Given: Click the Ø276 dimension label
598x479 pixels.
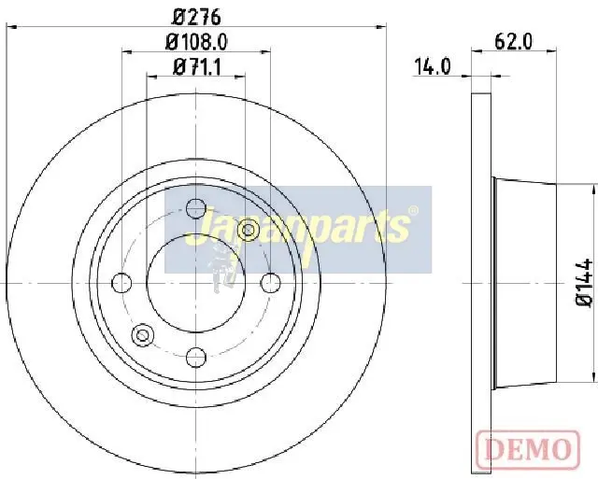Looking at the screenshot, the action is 196,17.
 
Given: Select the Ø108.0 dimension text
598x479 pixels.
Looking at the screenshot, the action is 196,41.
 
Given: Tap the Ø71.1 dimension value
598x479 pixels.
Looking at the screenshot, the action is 197,67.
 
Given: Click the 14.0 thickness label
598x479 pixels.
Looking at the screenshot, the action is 432,67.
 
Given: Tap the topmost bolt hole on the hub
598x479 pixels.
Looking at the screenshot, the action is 196,208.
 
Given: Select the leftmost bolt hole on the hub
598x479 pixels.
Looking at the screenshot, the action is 121,283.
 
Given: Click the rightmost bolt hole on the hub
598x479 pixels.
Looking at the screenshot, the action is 270,283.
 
